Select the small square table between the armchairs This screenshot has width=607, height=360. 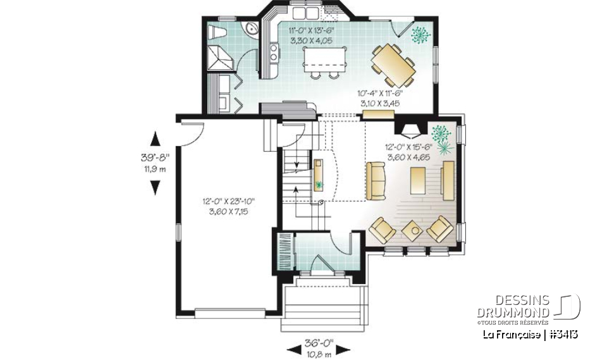point(413,229)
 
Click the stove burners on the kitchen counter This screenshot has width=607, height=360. point(274,53)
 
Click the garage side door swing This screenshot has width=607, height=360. point(193,130)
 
